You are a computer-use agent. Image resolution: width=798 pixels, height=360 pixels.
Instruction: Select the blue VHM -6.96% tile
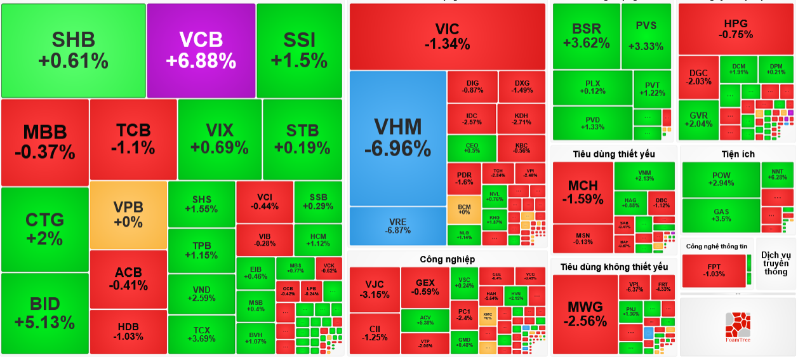(x=397, y=138)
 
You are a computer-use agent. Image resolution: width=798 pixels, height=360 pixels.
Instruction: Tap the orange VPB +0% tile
(x=128, y=215)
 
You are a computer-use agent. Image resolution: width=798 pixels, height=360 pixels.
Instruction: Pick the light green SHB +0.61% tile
(x=73, y=50)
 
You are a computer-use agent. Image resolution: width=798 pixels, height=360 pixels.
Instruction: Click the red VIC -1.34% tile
(x=447, y=36)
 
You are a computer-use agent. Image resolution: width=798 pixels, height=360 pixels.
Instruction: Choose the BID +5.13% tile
(x=45, y=314)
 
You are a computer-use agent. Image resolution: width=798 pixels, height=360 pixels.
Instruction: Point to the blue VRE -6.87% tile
(x=397, y=225)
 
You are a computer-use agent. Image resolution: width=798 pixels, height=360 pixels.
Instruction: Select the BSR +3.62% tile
(x=585, y=36)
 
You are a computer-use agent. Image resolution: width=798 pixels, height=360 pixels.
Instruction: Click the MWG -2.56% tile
(x=584, y=315)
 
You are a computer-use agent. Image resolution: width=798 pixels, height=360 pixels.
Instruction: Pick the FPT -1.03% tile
(x=714, y=270)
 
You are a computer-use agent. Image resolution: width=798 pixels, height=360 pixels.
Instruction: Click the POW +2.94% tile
(x=721, y=179)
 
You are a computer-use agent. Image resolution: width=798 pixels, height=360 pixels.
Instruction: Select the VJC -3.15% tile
(x=373, y=289)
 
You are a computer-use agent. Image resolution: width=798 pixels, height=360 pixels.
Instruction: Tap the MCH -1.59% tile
(x=582, y=192)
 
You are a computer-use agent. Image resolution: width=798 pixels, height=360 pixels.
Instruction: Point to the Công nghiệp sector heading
(x=447, y=259)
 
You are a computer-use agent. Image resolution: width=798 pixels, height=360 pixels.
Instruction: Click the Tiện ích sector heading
(x=738, y=154)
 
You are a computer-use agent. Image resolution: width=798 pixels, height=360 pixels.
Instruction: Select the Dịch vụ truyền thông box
(x=775, y=263)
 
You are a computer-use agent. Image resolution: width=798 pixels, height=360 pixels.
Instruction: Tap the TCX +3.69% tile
(x=201, y=334)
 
